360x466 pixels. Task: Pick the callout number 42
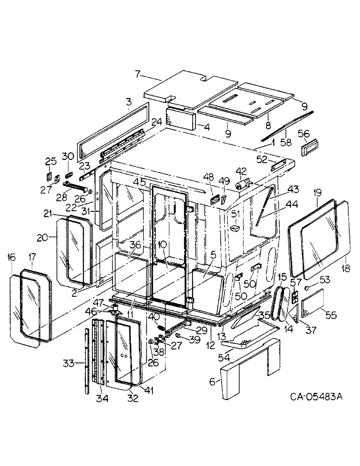pyautogui.click(x=241, y=171)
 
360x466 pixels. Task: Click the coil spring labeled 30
pyautogui.click(x=69, y=174)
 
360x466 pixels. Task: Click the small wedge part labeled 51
pyautogui.click(x=235, y=228)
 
